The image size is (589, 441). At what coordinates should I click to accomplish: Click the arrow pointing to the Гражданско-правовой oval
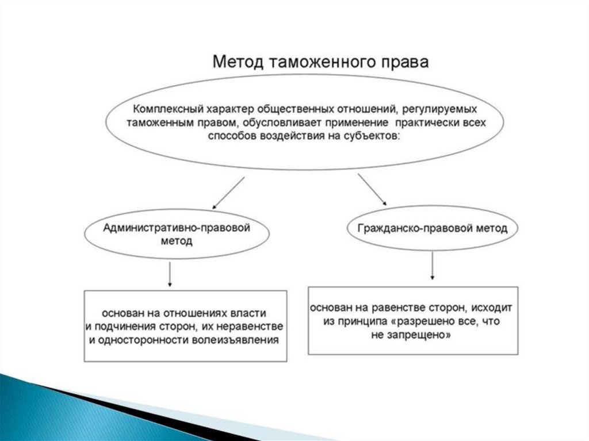pyautogui.click(x=372, y=190)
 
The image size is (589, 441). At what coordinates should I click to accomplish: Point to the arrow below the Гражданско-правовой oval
pyautogui.click(x=432, y=266)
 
